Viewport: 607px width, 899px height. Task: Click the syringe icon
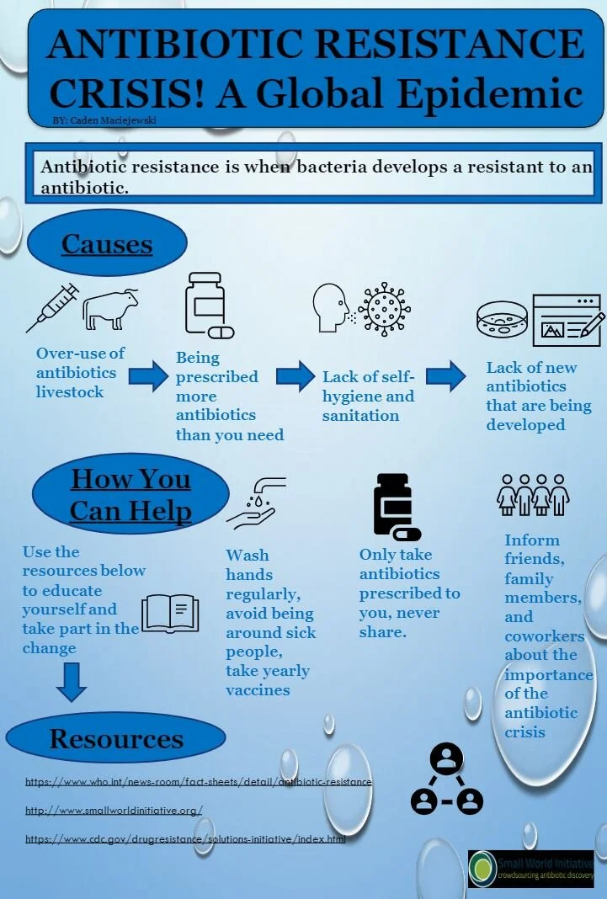coord(52,306)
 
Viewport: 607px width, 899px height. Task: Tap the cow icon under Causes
coord(110,309)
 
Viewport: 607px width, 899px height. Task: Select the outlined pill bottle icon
coord(207,304)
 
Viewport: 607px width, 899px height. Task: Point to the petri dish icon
coord(503,321)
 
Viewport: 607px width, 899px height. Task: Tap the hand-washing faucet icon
coord(258,503)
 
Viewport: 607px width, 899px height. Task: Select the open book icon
coord(171,613)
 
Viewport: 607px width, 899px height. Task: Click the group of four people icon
coord(533,494)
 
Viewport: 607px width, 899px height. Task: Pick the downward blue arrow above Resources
coord(72,682)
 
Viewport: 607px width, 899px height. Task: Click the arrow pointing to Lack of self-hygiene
coord(295,375)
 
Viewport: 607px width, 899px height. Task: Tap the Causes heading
coord(107,244)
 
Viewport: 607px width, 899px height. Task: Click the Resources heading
coord(116,739)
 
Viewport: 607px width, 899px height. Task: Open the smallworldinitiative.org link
coord(114,811)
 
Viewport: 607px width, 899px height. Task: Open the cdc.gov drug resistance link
coord(185,839)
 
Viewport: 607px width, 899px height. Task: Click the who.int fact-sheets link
coord(198,782)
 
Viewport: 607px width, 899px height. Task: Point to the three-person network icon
coord(446,780)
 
